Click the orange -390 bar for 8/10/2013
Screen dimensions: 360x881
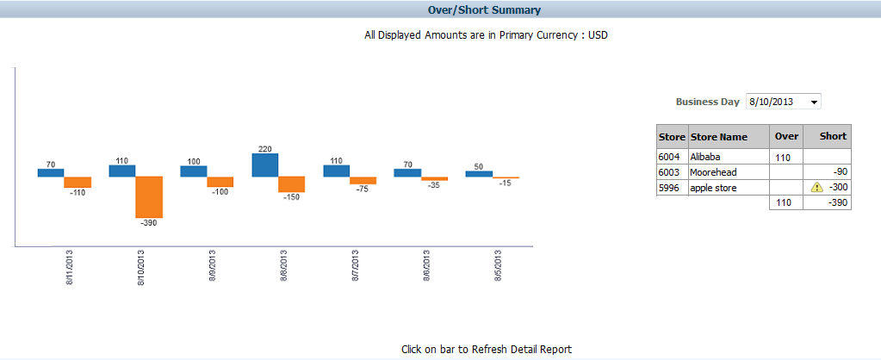click(x=149, y=197)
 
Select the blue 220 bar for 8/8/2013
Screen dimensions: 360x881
click(x=264, y=165)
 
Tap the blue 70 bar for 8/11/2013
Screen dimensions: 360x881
click(x=51, y=172)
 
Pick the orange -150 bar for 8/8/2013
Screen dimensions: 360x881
click(x=291, y=184)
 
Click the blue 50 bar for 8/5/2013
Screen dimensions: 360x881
click(x=479, y=173)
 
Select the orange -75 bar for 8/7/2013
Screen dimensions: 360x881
click(x=363, y=181)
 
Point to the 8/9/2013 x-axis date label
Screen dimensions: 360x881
click(x=213, y=269)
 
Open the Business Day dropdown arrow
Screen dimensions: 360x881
click(x=814, y=102)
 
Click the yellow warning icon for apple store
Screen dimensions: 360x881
click(x=816, y=187)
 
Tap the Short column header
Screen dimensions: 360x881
click(x=833, y=136)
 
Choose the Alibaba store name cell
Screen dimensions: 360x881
click(x=705, y=157)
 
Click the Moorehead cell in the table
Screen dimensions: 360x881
click(x=713, y=172)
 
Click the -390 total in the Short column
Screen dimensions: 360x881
click(x=834, y=202)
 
